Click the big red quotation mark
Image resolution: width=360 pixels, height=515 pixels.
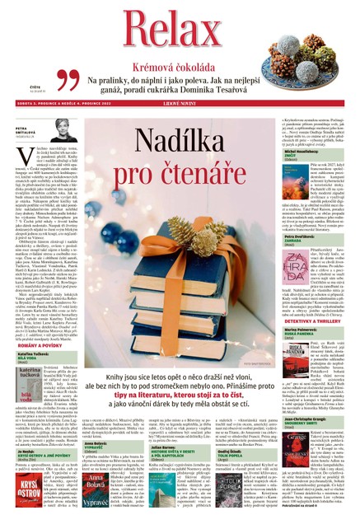pyautogui.click(x=68, y=81)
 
